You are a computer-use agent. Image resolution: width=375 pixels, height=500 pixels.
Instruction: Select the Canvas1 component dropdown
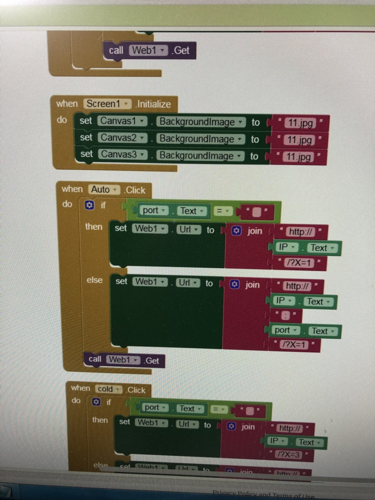tap(122, 121)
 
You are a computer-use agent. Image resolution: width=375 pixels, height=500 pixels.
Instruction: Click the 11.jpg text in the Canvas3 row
tap(298, 157)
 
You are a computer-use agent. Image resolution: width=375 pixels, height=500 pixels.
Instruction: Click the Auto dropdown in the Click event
tap(104, 190)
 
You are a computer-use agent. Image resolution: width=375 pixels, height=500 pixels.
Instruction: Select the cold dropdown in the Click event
tap(109, 389)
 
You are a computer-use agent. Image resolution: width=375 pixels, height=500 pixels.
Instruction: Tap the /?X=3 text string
tap(289, 455)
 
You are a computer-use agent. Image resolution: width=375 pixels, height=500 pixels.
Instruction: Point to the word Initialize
tap(154, 104)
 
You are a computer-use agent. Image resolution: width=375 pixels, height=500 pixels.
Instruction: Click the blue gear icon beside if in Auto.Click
tap(89, 205)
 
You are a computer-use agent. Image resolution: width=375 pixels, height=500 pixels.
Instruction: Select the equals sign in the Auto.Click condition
tap(222, 211)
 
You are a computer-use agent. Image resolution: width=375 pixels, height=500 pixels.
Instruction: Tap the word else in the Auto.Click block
tap(94, 280)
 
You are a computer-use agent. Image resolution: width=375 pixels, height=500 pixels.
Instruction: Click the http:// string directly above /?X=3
tap(289, 428)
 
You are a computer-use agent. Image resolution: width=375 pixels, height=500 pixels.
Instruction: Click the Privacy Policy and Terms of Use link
tap(263, 495)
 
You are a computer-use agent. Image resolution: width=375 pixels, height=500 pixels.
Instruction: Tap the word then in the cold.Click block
tap(100, 420)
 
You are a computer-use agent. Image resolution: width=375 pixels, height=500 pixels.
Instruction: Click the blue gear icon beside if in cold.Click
tap(96, 402)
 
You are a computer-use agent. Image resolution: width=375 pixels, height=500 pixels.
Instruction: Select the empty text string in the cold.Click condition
tap(250, 411)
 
